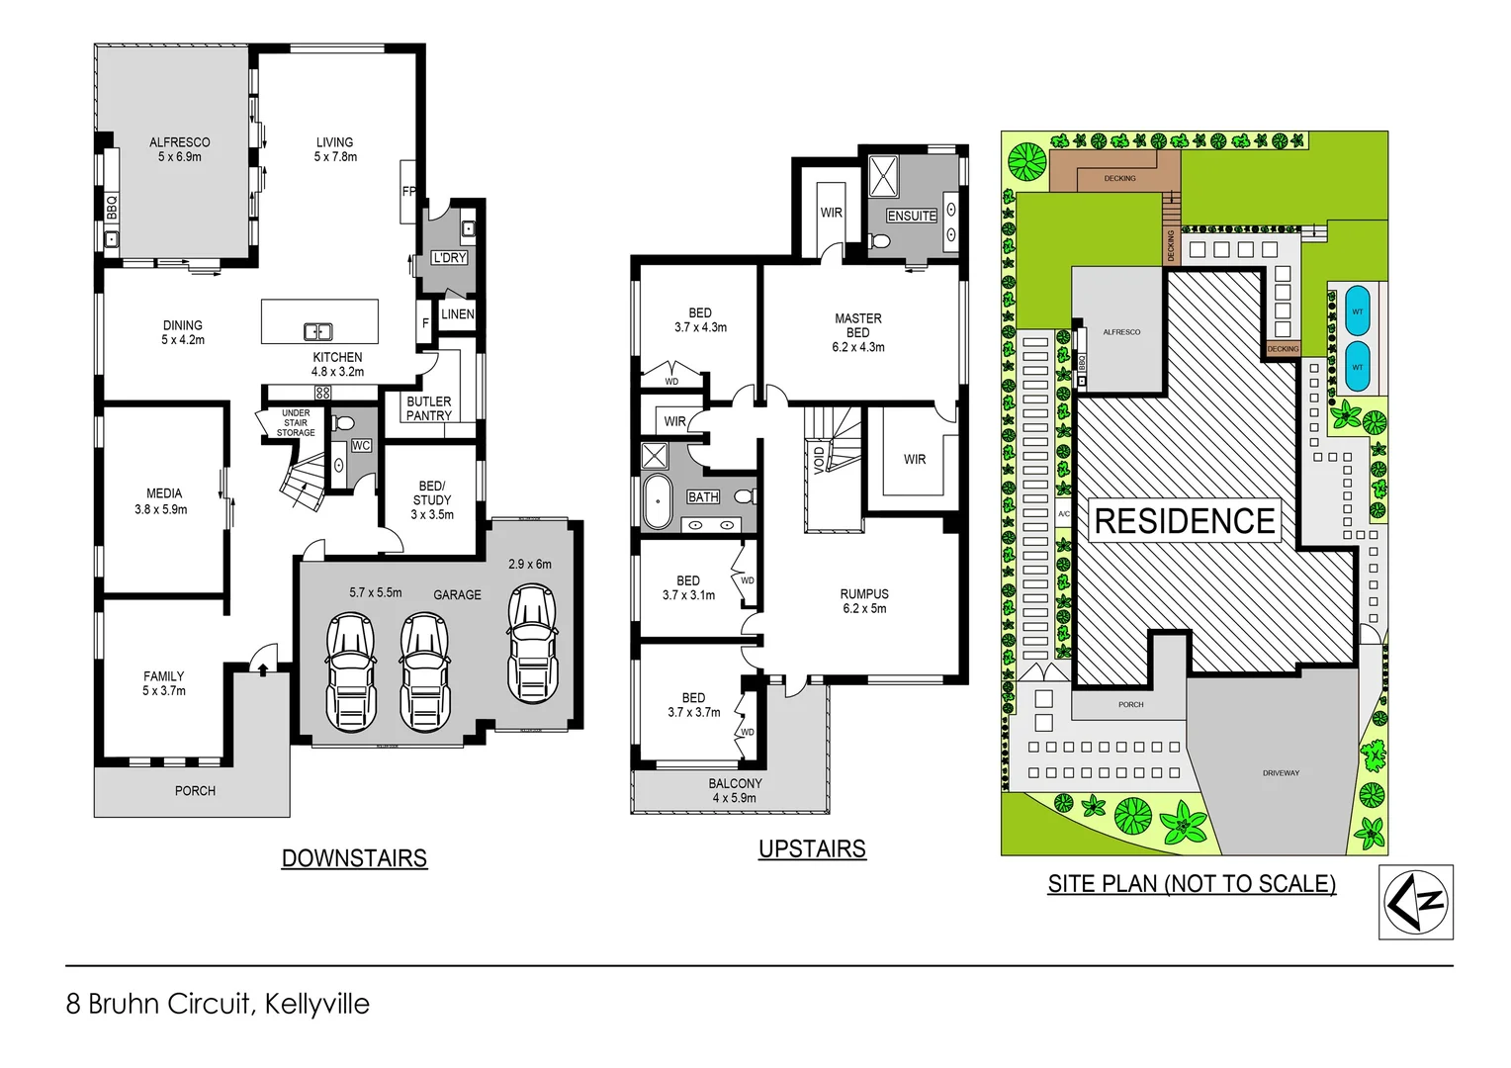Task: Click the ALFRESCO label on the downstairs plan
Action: [179, 142]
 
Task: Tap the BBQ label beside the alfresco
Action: [112, 208]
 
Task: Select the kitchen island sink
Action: [317, 331]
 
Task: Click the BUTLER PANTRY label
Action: [428, 408]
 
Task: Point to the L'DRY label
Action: [449, 258]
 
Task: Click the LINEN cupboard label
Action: [457, 314]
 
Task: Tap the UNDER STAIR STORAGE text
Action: [296, 423]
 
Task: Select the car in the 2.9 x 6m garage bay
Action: [531, 643]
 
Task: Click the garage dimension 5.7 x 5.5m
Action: [375, 593]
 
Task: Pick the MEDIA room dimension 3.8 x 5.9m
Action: [161, 510]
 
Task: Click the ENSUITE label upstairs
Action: [911, 216]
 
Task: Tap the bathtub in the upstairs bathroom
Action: [656, 502]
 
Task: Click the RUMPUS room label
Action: [864, 594]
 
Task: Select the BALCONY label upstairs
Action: [735, 783]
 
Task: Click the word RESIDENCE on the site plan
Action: [1184, 521]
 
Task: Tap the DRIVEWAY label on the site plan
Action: [1281, 773]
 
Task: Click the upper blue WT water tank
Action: [1357, 311]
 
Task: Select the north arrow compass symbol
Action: [1416, 902]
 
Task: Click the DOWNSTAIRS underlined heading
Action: [354, 858]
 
